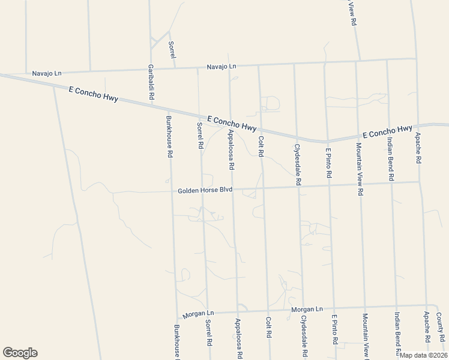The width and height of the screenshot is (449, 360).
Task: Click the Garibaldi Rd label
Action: (151, 83)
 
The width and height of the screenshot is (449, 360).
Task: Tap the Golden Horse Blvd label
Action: (205, 191)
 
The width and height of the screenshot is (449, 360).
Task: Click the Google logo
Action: (20, 353)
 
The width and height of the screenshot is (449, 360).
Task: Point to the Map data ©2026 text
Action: (424, 355)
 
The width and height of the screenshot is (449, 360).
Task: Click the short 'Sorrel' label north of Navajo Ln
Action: (172, 49)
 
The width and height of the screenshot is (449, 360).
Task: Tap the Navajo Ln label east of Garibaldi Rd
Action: (221, 66)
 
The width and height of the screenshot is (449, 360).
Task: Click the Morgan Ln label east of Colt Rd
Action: (307, 309)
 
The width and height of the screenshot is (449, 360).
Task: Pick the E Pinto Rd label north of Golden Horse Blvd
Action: (328, 163)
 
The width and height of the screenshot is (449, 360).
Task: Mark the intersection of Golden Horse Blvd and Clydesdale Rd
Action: (298, 187)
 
